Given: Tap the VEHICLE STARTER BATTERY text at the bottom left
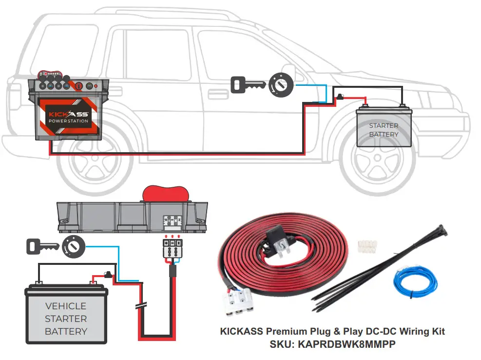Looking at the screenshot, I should tap(66, 319).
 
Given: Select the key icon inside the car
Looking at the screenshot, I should tap(247, 84).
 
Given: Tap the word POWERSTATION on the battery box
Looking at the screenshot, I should tap(68, 121).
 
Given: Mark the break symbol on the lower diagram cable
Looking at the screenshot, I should tap(141, 306).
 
